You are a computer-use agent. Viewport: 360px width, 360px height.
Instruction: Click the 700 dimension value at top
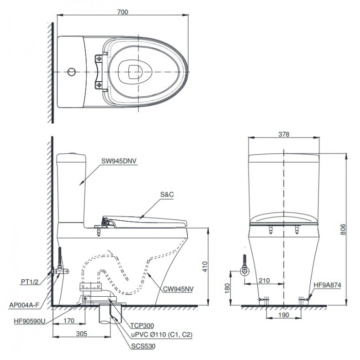[123, 12]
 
